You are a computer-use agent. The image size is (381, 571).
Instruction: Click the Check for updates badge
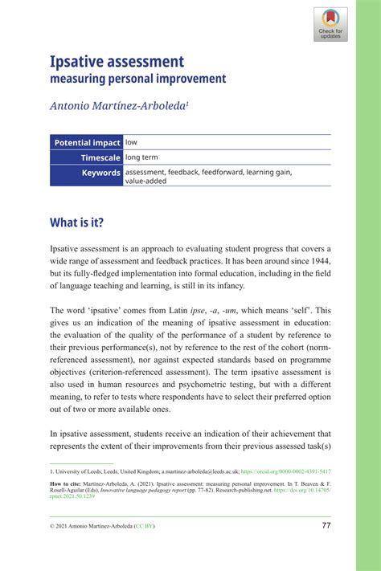pyautogui.click(x=330, y=24)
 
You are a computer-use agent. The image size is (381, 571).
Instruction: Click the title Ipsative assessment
pyautogui.click(x=117, y=61)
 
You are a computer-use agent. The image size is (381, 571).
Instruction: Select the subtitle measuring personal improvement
pyautogui.click(x=138, y=79)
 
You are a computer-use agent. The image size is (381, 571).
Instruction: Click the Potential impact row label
pyautogui.click(x=87, y=143)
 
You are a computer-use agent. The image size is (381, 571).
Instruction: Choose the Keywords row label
pyautogui.click(x=100, y=173)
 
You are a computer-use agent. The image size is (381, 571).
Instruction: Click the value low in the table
pyautogui.click(x=132, y=143)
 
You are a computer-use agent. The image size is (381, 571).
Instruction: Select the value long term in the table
pyautogui.click(x=147, y=157)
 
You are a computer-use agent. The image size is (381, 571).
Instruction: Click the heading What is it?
pyautogui.click(x=77, y=222)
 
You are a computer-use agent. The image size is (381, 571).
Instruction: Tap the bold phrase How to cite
pyautogui.click(x=68, y=486)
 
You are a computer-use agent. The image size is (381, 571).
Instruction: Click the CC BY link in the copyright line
pyautogui.click(x=147, y=526)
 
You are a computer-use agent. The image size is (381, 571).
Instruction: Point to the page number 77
pyautogui.click(x=326, y=525)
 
